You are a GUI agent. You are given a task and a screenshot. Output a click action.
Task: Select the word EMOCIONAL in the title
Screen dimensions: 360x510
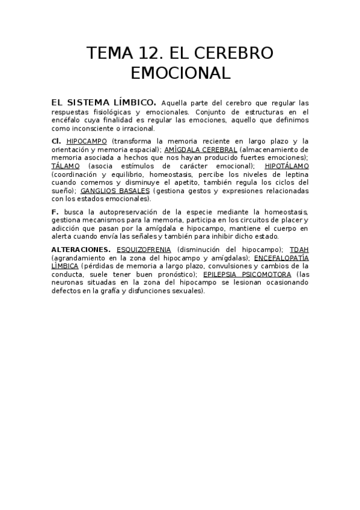180,73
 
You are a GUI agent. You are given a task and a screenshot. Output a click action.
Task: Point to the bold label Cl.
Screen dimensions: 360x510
56,141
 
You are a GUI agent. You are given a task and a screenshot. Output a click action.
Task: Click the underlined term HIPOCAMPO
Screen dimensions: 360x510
87,141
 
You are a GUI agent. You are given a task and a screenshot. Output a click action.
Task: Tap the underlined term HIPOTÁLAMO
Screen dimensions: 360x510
287,165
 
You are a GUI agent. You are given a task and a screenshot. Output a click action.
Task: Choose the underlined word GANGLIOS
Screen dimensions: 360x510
99,191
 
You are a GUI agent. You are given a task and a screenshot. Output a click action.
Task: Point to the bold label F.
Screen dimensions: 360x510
55,212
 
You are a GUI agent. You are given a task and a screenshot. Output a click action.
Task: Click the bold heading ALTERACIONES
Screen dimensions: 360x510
81,249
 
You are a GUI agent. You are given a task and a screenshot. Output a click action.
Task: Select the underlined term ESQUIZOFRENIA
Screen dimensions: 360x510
144,249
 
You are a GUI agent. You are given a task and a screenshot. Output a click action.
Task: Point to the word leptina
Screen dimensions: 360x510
296,174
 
